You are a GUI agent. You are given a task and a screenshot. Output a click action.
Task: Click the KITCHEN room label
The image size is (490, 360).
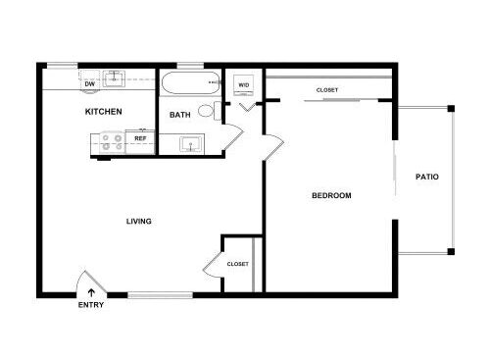coord(103,112)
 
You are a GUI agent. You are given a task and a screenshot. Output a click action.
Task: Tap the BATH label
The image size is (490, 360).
coord(179,115)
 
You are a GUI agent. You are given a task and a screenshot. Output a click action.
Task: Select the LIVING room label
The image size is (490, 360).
coord(139,222)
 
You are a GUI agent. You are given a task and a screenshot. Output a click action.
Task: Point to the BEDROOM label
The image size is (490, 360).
coord(331,195)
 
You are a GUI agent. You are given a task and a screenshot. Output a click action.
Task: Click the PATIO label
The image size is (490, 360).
coord(427,177)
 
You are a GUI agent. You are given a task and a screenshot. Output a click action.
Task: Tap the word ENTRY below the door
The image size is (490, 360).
coord(91,305)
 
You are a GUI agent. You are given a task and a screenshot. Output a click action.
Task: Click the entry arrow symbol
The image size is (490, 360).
coord(91,292)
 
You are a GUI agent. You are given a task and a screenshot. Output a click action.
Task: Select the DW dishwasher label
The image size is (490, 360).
coord(90,84)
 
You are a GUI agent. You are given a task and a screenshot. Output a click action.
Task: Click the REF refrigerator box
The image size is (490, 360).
coord(140,141)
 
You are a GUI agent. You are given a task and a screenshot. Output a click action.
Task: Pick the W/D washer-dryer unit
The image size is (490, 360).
coord(244,85)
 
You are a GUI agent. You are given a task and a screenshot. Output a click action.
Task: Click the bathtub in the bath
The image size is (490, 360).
coord(190,83)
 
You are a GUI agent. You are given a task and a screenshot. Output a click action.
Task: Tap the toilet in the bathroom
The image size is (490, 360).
coord(210,111)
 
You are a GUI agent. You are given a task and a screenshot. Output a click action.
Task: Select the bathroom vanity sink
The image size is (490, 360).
coord(191,144)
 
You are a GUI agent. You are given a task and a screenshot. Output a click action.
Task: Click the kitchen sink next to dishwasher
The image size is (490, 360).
coord(114,78)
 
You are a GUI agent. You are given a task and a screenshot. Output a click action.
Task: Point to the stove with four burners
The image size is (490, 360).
coord(112,143)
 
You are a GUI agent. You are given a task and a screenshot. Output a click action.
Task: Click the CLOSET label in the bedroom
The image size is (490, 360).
coord(327,90)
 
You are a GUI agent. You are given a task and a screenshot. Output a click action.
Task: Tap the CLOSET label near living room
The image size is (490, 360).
coord(237,264)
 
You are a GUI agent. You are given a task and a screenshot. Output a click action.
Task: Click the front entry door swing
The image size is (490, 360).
coord(91,282)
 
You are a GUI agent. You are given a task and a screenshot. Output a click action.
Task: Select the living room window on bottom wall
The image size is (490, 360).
coord(160,295)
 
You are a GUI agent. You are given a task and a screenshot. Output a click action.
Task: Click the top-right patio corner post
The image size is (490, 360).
coord(451,109)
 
